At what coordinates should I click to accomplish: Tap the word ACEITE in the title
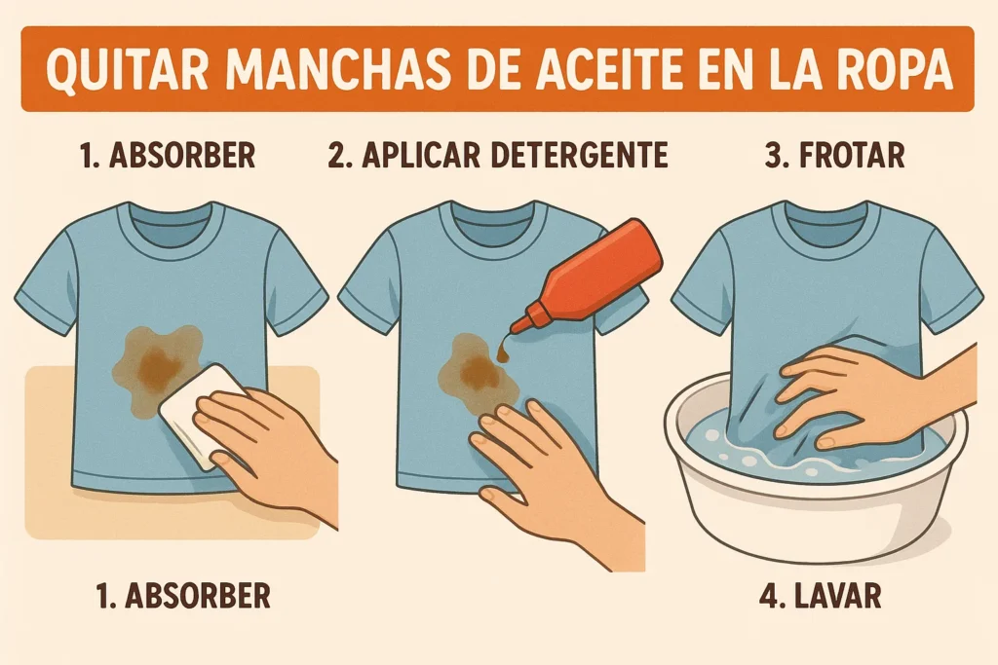pyautogui.click(x=585, y=69)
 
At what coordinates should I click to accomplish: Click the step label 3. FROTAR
pyautogui.click(x=834, y=155)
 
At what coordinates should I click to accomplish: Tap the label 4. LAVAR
pyautogui.click(x=821, y=596)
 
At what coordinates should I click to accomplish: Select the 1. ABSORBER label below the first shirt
pyautogui.click(x=183, y=596)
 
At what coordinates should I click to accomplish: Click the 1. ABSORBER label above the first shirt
pyautogui.click(x=168, y=155)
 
